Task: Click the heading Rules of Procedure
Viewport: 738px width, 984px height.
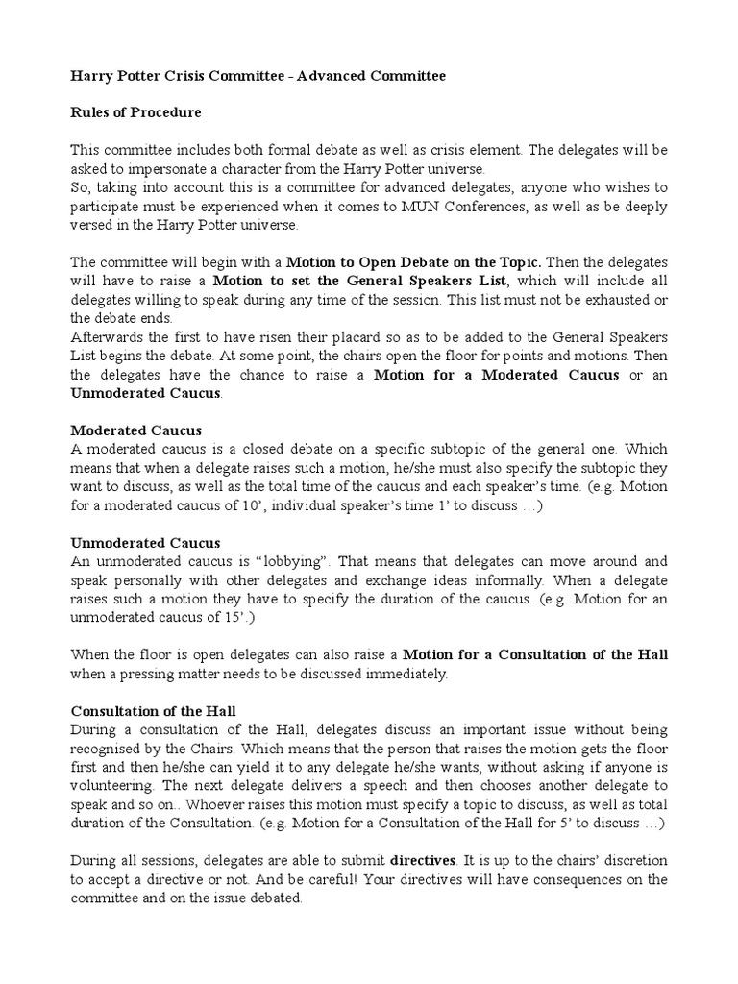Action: (135, 112)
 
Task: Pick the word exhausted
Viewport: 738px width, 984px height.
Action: (608, 300)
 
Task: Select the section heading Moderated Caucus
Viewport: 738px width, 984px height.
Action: (136, 430)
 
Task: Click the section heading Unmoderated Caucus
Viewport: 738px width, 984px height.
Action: (145, 542)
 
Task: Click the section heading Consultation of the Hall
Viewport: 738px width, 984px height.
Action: (154, 711)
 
